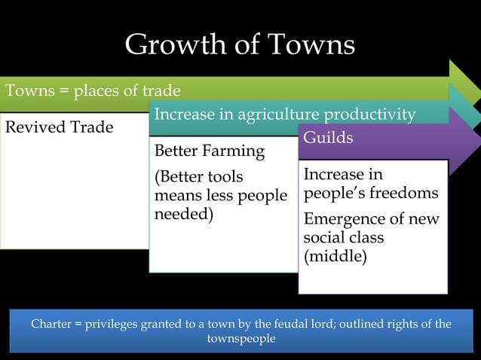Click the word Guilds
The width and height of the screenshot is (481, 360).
[328, 139]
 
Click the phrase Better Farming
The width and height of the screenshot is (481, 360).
[209, 151]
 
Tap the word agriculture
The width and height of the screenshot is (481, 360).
[280, 114]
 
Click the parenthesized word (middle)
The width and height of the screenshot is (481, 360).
[335, 256]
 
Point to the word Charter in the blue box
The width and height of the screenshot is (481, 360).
[51, 325]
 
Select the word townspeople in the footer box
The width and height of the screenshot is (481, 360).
[240, 338]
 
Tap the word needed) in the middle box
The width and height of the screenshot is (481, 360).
[183, 214]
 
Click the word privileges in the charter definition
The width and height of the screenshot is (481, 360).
[110, 325]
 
